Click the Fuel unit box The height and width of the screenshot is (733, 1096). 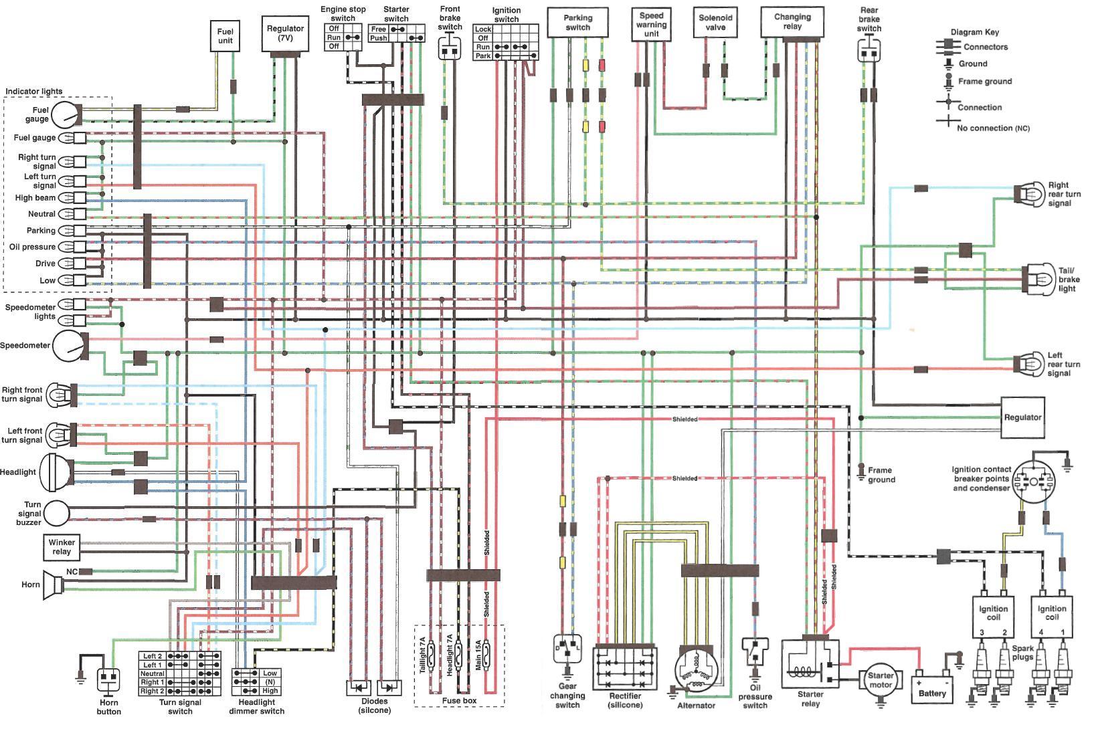(x=225, y=35)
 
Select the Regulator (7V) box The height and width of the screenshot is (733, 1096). (x=285, y=33)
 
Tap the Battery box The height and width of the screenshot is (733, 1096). (x=932, y=689)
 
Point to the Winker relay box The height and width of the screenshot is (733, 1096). (x=62, y=547)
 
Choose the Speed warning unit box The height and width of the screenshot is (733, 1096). (x=651, y=24)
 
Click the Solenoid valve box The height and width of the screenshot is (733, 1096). (x=715, y=23)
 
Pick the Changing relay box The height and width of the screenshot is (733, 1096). (x=792, y=22)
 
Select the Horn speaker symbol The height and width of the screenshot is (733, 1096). (x=53, y=585)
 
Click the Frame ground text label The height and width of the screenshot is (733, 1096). (x=881, y=475)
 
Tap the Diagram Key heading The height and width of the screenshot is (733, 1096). (x=975, y=32)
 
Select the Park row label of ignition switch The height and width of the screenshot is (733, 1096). (x=483, y=56)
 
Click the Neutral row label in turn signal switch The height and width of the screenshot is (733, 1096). (x=152, y=673)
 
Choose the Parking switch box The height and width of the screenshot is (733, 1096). (x=577, y=23)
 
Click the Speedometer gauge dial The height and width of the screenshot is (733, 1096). (x=70, y=346)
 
